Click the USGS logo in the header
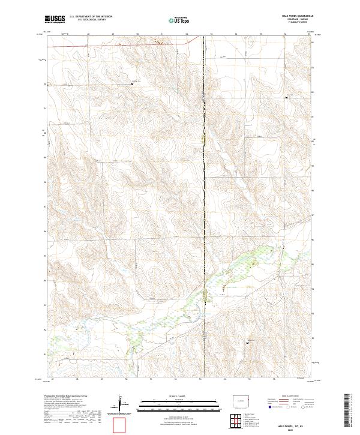tap(55, 19)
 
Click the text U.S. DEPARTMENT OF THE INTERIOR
tap(91, 17)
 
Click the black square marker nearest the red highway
tap(133, 83)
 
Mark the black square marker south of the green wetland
tap(248, 343)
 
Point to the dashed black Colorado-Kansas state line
tap(203, 180)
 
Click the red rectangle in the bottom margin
tap(120, 425)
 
